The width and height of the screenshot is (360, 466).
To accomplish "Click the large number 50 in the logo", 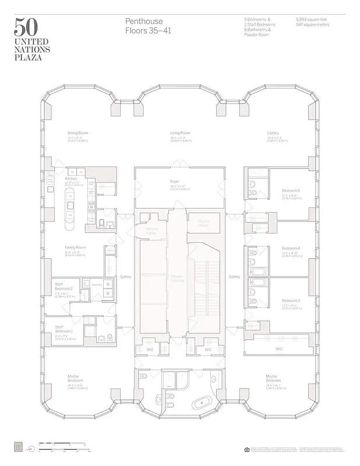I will [27, 28].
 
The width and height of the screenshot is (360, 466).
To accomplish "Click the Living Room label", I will [179, 133].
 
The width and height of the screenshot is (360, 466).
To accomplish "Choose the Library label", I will [273, 133].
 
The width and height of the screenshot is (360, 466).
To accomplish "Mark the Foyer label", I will [174, 181].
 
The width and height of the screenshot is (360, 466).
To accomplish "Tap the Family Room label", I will [75, 248].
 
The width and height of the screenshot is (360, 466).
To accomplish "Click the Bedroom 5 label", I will [291, 191].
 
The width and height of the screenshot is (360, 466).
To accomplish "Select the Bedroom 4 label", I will [290, 248].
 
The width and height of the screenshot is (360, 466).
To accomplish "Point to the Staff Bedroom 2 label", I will [63, 286].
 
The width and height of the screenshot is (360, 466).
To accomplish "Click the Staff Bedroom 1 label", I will [63, 329].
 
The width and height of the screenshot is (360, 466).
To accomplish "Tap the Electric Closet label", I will [203, 223].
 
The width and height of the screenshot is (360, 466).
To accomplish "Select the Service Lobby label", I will [151, 231].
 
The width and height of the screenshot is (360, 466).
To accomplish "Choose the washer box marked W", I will [108, 293].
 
